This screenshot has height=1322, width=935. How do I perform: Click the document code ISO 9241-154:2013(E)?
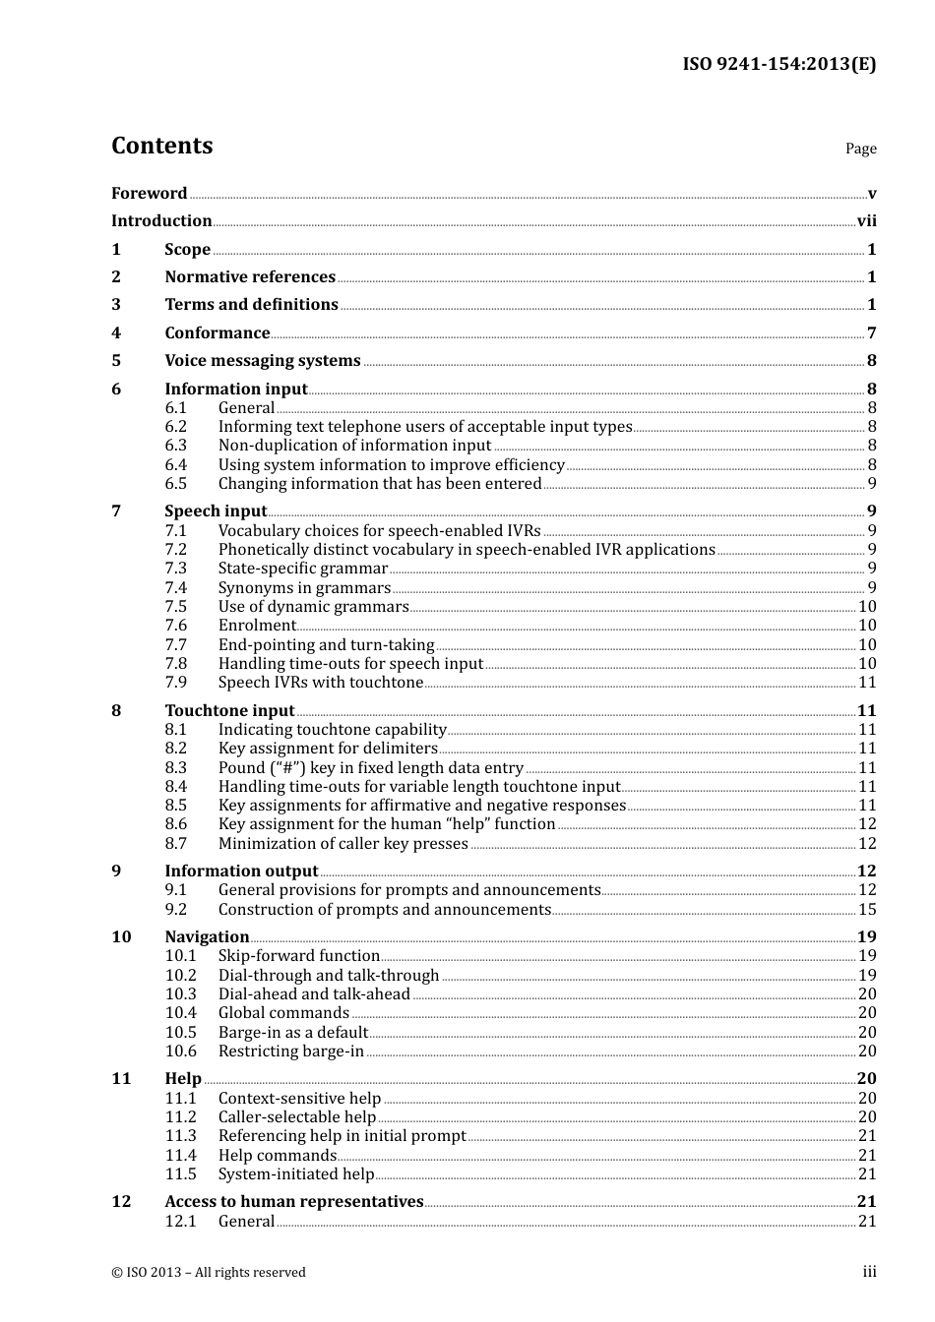(x=779, y=64)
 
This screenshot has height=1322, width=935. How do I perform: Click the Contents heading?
(x=161, y=146)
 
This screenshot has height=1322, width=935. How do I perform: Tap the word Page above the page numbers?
(x=860, y=149)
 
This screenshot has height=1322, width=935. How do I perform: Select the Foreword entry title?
(x=149, y=194)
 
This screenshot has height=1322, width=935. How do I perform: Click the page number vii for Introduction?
(x=866, y=221)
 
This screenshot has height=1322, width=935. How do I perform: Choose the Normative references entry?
(x=250, y=277)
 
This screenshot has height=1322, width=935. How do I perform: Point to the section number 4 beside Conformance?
(x=116, y=333)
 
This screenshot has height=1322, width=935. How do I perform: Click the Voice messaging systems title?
(x=263, y=361)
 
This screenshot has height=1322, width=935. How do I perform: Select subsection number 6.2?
(x=175, y=427)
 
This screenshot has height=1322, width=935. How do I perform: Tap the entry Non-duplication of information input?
(x=354, y=446)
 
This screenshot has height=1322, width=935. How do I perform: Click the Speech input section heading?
(x=216, y=511)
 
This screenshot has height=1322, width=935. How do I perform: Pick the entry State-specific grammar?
(x=303, y=569)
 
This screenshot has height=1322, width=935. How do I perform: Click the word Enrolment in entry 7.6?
(x=257, y=626)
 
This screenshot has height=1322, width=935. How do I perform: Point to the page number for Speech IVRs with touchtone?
(x=867, y=683)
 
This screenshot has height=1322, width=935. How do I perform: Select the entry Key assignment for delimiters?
(x=328, y=749)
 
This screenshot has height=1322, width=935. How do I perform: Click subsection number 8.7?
(x=175, y=844)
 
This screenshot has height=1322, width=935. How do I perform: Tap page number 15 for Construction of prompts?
(x=867, y=910)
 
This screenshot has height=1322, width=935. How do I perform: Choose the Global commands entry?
(x=283, y=1013)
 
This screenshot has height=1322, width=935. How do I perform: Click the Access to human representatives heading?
(x=293, y=1202)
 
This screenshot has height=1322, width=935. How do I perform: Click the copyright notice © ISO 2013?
(x=209, y=1273)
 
